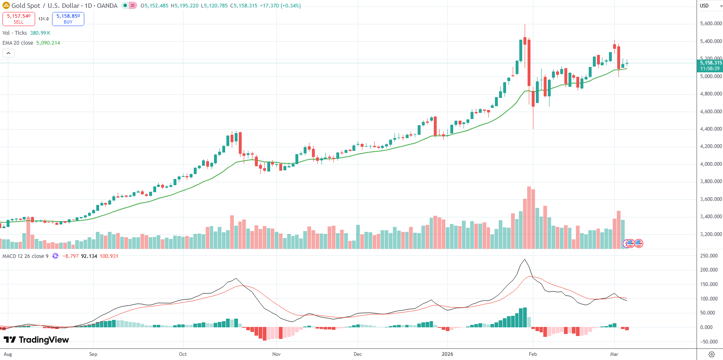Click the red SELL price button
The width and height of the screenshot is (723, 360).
point(19,19)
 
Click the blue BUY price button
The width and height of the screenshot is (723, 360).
point(68,19)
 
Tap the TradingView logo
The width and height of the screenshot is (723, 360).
point(36,340)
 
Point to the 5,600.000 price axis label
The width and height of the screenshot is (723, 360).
point(711,24)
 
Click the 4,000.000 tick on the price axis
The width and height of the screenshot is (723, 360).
point(711,164)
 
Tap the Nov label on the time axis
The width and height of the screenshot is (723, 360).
point(276,354)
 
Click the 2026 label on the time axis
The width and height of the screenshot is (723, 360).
point(447,354)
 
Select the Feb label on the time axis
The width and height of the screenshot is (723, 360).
point(533,354)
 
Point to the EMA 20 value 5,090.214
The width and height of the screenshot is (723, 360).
point(48,43)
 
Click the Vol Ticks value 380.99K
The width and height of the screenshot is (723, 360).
point(40,33)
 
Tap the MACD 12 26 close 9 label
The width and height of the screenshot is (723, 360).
point(25,256)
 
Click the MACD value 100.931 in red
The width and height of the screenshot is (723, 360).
point(109,256)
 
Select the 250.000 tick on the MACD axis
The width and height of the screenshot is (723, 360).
point(709,256)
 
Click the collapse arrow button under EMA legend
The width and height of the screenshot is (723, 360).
point(8,53)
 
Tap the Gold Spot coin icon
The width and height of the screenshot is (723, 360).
point(6,6)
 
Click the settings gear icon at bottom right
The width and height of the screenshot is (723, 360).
point(711,354)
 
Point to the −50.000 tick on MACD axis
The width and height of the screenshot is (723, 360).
point(709,342)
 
